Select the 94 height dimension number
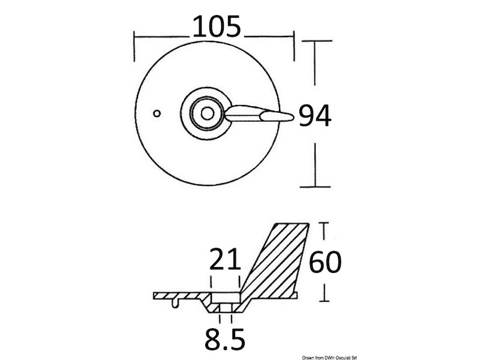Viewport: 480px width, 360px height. click(x=315, y=116)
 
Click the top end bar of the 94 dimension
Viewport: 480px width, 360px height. click(x=316, y=41)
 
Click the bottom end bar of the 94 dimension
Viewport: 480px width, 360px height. click(x=316, y=187)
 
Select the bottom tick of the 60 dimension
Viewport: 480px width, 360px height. click(x=325, y=299)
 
